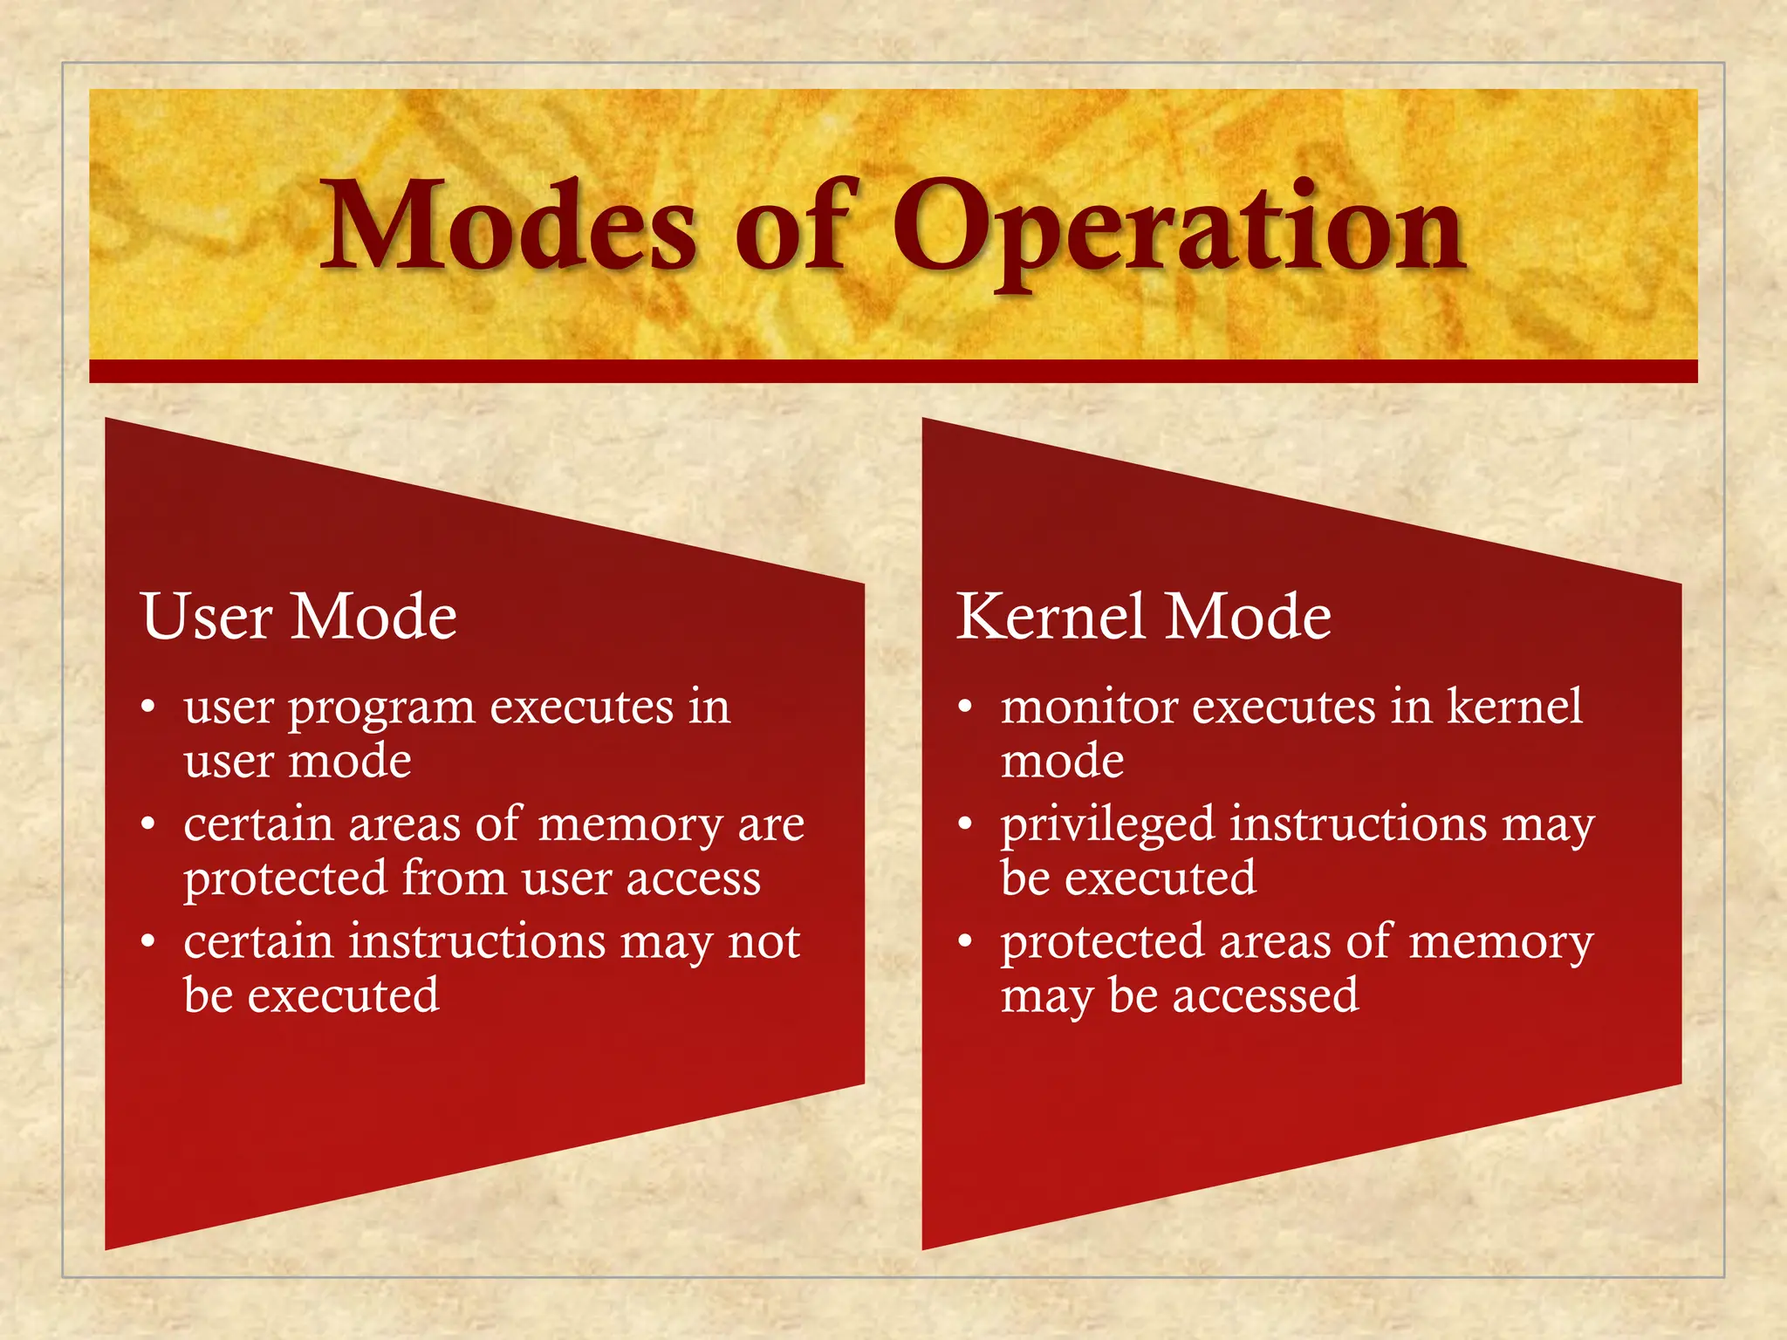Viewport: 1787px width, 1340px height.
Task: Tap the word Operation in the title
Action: click(x=1178, y=229)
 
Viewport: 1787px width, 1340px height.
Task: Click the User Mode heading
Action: click(x=298, y=617)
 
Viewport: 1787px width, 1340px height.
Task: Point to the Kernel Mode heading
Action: click(x=1144, y=617)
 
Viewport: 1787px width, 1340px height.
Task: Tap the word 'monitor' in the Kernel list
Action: click(x=1089, y=707)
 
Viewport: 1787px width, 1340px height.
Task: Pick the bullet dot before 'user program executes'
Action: click(x=148, y=707)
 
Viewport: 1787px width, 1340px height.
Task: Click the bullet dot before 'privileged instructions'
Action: click(x=965, y=824)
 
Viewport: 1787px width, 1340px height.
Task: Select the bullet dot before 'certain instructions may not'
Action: click(x=148, y=942)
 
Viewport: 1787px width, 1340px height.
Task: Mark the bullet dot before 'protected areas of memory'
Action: click(x=965, y=942)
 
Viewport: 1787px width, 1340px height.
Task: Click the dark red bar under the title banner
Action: click(x=893, y=372)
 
